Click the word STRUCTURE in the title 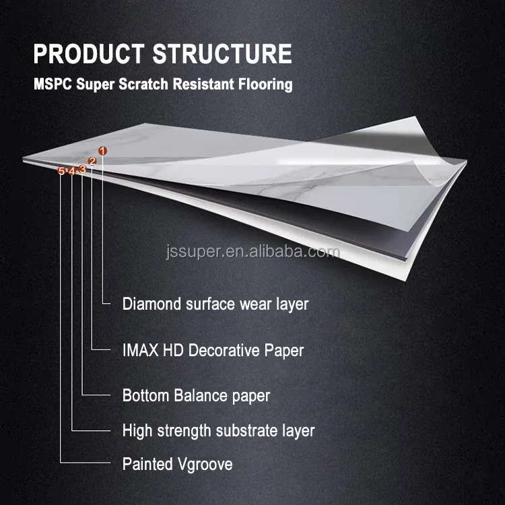pyautogui.click(x=225, y=54)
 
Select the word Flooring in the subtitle pyautogui.click(x=264, y=85)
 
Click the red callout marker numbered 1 pyautogui.click(x=102, y=151)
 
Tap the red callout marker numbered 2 pyautogui.click(x=92, y=162)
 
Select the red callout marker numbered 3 pyautogui.click(x=82, y=169)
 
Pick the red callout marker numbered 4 pyautogui.click(x=71, y=171)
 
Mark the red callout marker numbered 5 pyautogui.click(x=61, y=171)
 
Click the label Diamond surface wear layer pyautogui.click(x=215, y=304)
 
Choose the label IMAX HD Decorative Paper pyautogui.click(x=213, y=350)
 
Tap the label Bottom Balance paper pyautogui.click(x=196, y=395)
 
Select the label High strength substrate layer pyautogui.click(x=218, y=430)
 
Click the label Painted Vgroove pyautogui.click(x=177, y=464)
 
